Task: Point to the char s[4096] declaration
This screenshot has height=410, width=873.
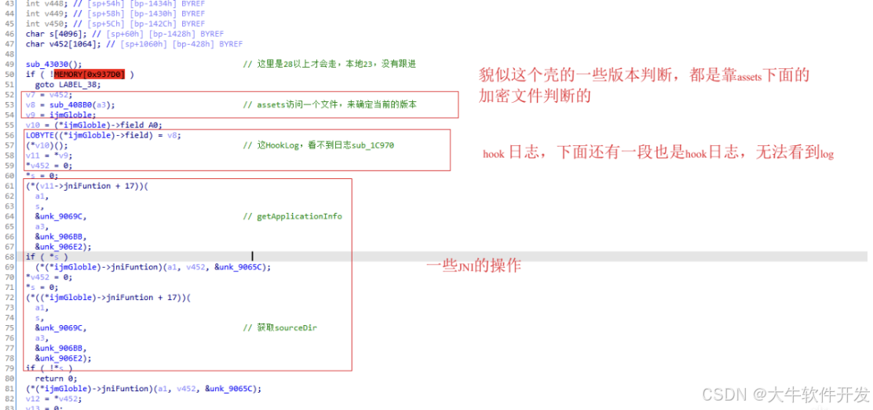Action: click(x=47, y=35)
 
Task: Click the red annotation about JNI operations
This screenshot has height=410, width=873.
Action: click(x=473, y=266)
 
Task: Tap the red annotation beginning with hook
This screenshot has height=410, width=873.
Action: click(x=658, y=154)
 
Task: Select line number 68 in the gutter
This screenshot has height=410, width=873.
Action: click(x=9, y=257)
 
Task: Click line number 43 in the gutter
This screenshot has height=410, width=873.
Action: click(x=9, y=4)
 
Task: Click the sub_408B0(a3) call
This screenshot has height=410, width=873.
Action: click(x=83, y=104)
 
